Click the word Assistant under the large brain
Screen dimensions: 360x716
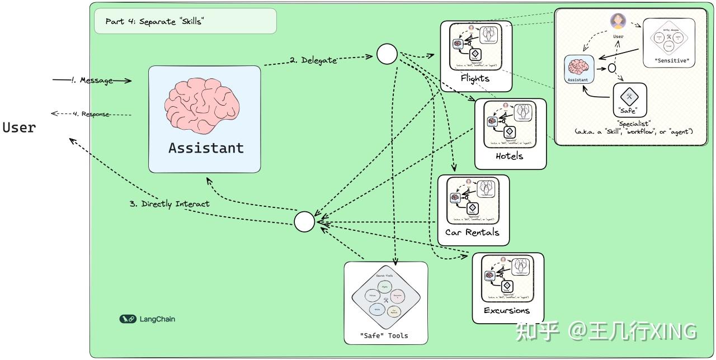[206, 148]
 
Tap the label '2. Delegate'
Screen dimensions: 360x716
[313, 60]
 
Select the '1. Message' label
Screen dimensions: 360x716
[92, 80]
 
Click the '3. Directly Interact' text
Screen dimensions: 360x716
[169, 204]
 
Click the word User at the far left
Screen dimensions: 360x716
[19, 127]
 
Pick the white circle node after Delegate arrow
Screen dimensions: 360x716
[387, 54]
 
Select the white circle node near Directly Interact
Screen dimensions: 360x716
[305, 222]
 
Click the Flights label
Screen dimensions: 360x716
[475, 78]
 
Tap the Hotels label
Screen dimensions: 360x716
[509, 156]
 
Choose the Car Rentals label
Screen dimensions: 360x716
[472, 232]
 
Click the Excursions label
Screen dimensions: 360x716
[506, 310]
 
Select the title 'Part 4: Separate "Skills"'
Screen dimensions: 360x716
[154, 21]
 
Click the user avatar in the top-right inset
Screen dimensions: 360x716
[618, 21]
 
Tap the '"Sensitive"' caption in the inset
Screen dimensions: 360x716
[669, 61]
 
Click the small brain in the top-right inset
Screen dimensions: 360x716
[577, 67]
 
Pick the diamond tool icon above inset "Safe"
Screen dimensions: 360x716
[630, 97]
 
